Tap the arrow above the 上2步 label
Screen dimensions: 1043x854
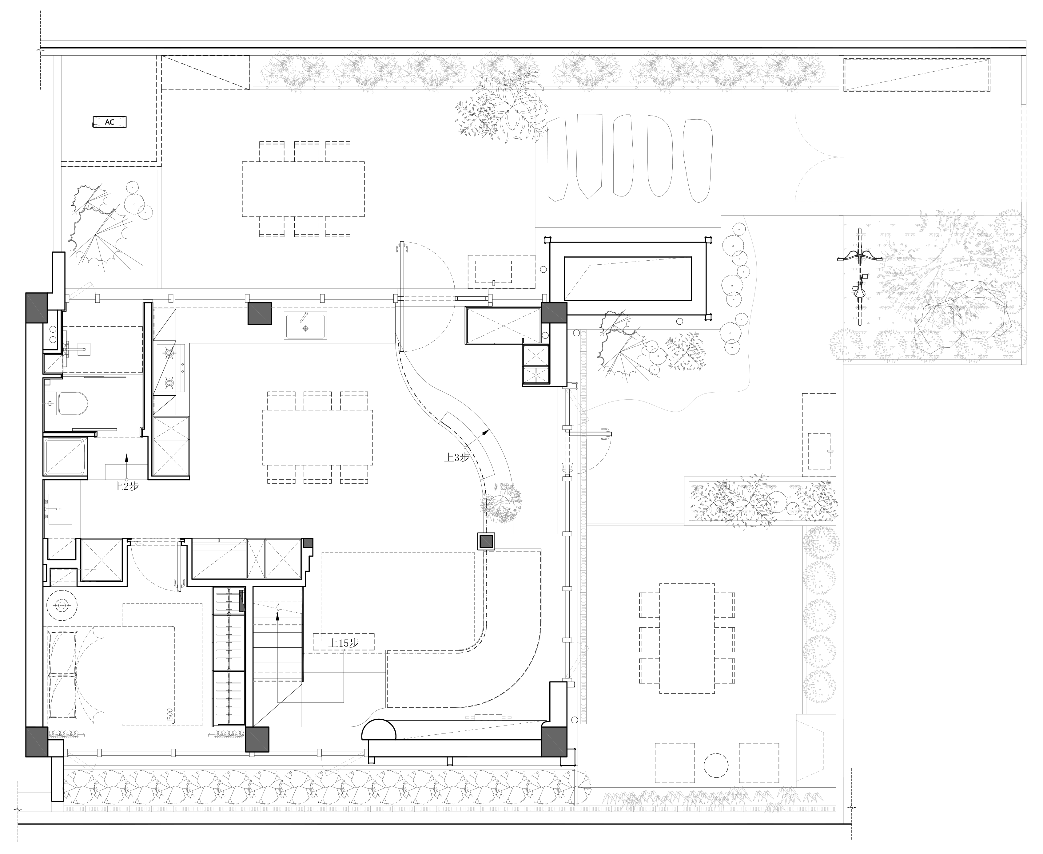[x=126, y=466]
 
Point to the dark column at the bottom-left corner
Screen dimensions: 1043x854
[x=37, y=742]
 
